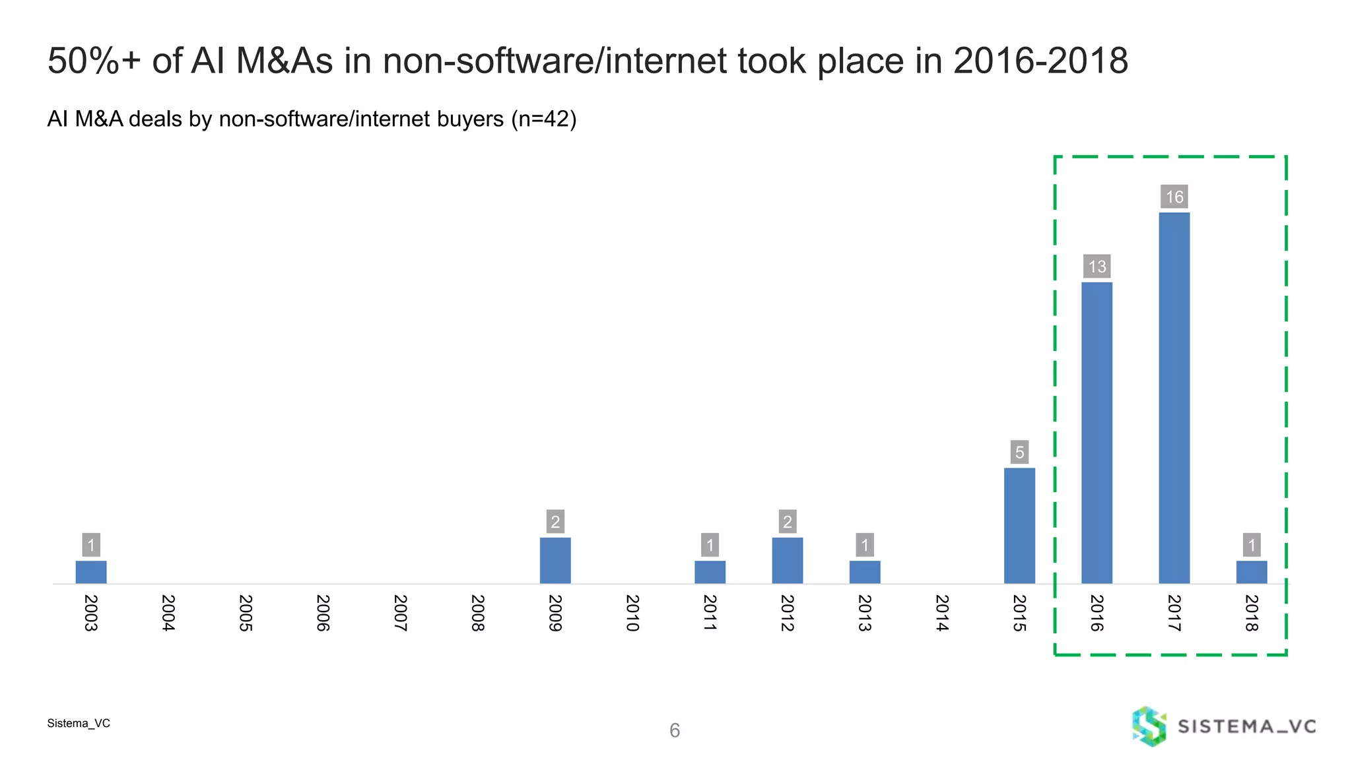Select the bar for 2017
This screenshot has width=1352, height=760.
(1174, 398)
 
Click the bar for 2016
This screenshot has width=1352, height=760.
(1097, 433)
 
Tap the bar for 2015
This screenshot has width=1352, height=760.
(1019, 526)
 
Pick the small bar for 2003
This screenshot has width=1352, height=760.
(91, 572)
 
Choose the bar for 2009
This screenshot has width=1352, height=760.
(555, 560)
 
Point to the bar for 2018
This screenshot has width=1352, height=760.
(1251, 572)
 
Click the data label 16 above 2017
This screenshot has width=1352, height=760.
(1174, 197)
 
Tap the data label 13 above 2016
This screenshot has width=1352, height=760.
(1097, 267)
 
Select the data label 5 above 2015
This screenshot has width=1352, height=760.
(1019, 452)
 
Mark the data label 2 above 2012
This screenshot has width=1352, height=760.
(787, 522)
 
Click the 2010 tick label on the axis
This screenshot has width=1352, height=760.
(632, 613)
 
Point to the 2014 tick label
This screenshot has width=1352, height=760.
(942, 613)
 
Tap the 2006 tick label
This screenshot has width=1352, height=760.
(323, 613)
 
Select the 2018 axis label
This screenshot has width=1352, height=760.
(1251, 613)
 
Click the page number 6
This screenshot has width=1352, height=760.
(674, 730)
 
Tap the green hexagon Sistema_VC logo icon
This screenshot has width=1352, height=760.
(1149, 726)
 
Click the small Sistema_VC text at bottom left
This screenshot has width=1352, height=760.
(79, 723)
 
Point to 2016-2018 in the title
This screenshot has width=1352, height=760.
(1040, 61)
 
